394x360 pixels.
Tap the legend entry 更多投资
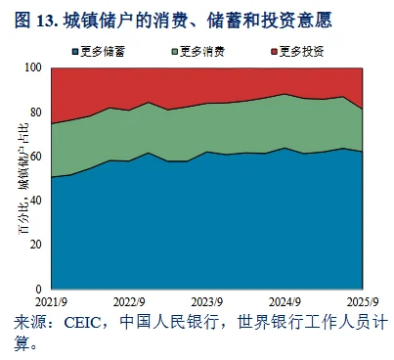click(x=294, y=49)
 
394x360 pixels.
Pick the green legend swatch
click(x=177, y=49)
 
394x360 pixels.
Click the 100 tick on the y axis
click(x=34, y=67)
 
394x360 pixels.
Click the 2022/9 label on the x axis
click(x=130, y=303)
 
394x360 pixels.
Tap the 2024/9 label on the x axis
click(x=284, y=303)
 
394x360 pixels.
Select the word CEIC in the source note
click(x=81, y=323)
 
